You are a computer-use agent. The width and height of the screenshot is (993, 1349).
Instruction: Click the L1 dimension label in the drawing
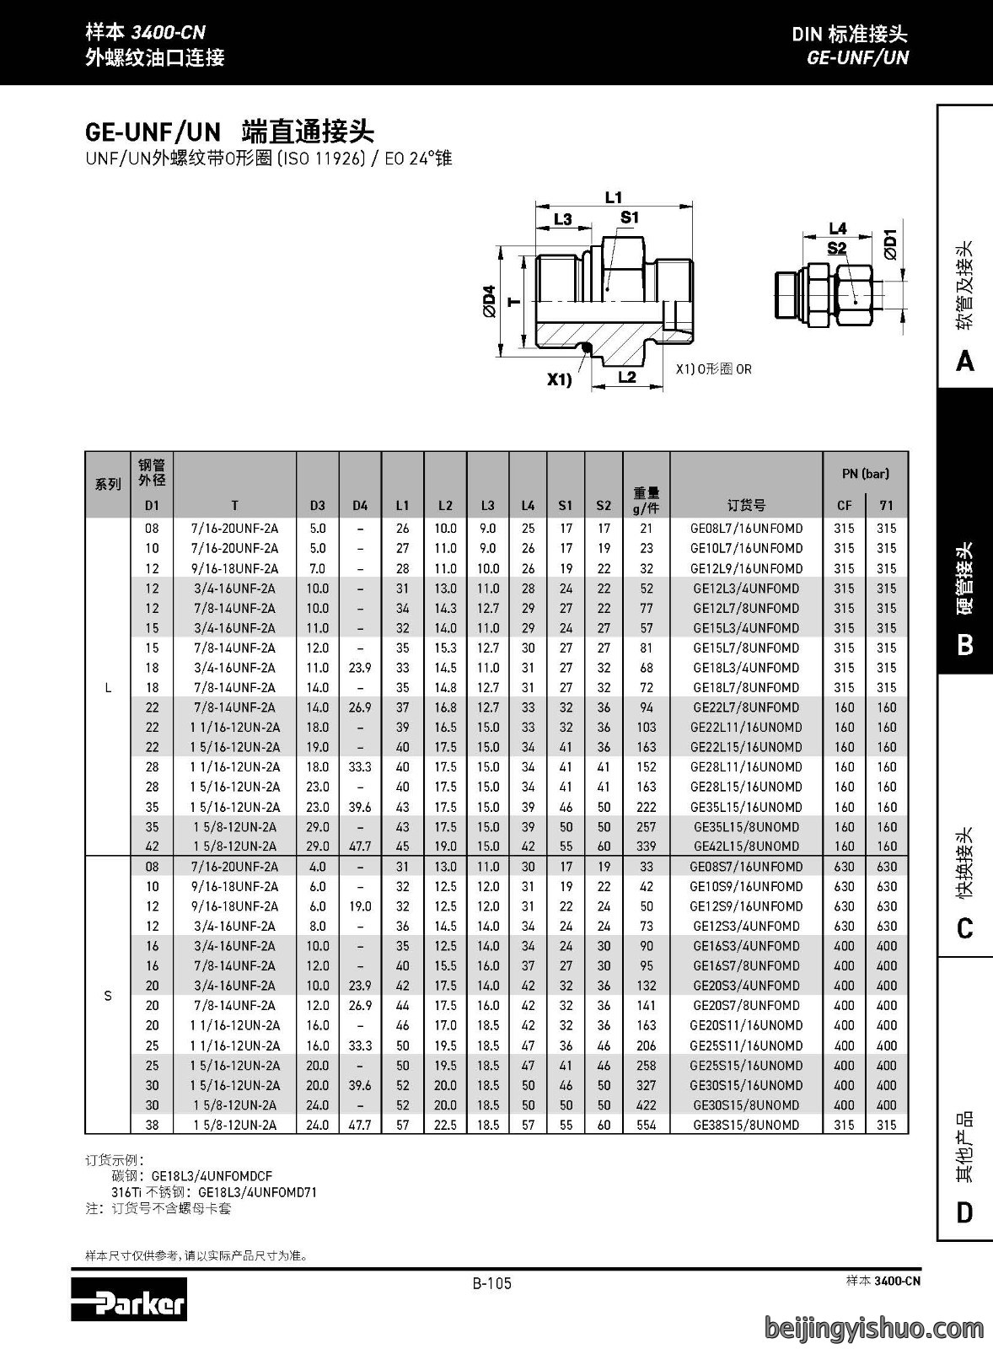tap(613, 197)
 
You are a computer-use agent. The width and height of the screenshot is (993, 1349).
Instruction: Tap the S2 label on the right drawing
tap(837, 248)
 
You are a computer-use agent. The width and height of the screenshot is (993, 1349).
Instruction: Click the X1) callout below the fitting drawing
tap(559, 380)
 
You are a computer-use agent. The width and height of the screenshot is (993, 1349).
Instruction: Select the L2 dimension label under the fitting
tap(627, 377)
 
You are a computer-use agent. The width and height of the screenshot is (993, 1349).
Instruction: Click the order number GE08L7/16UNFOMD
tap(746, 528)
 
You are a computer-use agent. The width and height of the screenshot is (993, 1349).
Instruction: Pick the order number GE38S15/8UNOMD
tap(746, 1125)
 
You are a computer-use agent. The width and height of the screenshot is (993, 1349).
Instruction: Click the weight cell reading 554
tap(647, 1125)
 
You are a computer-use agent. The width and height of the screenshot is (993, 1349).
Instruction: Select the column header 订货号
tap(746, 505)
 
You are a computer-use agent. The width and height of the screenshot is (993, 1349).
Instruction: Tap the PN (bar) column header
tap(866, 473)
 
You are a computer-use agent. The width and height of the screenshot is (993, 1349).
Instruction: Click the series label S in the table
tap(108, 996)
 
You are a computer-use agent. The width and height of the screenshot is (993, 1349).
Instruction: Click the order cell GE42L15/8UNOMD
tap(746, 846)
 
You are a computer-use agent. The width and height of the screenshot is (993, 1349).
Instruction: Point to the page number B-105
tap(492, 1283)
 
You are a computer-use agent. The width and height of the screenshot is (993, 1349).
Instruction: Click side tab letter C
tap(964, 928)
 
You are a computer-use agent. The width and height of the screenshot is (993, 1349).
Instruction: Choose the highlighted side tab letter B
tap(964, 644)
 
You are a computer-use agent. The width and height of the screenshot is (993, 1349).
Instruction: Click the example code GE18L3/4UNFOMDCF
tap(212, 1175)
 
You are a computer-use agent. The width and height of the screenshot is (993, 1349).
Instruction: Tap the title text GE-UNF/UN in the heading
tap(153, 132)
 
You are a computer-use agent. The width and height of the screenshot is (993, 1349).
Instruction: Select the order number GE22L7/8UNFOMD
tap(746, 707)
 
